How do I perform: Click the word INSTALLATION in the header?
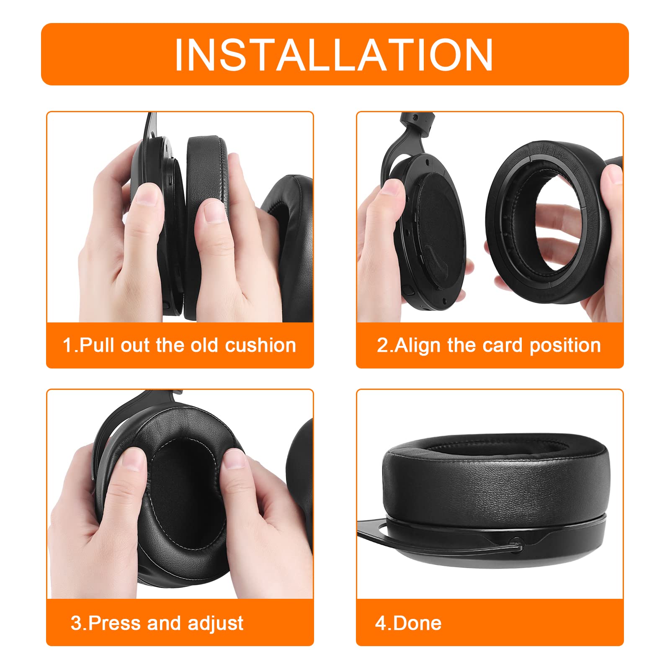[x=334, y=55]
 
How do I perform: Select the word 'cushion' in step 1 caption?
[x=260, y=345]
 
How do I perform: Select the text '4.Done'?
[x=408, y=623]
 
